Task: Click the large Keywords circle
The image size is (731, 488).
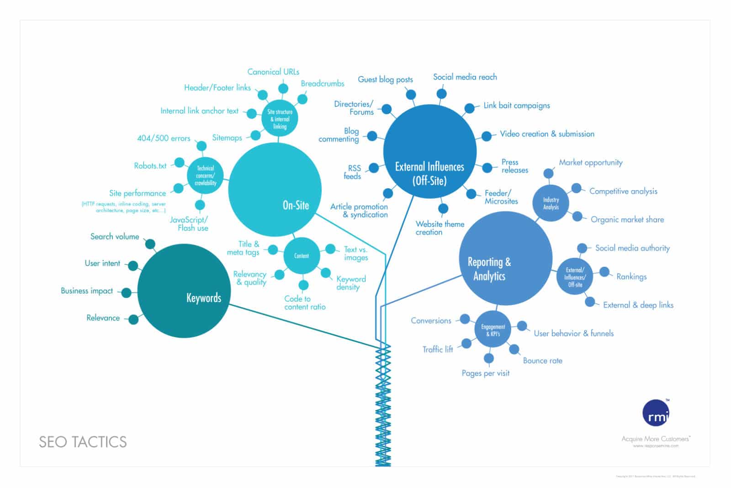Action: click(184, 291)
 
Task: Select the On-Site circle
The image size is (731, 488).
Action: click(275, 190)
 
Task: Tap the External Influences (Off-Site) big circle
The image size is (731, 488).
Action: click(429, 151)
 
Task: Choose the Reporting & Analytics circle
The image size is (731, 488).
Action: click(506, 259)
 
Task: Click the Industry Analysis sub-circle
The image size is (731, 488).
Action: click(551, 203)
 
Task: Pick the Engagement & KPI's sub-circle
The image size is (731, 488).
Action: click(493, 330)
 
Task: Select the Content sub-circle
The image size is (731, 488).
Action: click(302, 256)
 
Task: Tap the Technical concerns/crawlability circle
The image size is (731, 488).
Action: click(206, 175)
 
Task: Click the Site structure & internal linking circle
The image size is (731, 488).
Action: click(280, 118)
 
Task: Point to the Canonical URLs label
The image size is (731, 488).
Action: click(273, 72)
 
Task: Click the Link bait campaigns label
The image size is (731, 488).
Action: click(517, 106)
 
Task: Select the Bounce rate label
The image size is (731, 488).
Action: click(542, 361)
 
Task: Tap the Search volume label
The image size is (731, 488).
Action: click(115, 236)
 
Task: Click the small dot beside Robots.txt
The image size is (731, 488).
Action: click(180, 163)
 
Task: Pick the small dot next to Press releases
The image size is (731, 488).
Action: click(488, 167)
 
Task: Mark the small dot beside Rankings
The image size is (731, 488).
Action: click(604, 272)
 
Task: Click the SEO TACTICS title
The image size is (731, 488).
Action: click(83, 442)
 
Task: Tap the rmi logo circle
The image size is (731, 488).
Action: click(656, 413)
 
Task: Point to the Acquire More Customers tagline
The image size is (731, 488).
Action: click(656, 439)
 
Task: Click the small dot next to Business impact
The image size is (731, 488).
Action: click(126, 292)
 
